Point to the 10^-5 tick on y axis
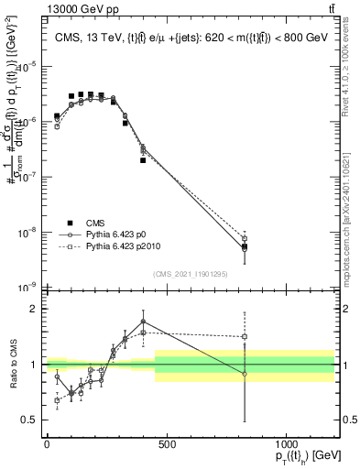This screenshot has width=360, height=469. [x=29, y=65]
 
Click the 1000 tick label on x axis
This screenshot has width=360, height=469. [x=287, y=444]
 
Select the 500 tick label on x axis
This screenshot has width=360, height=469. [x=167, y=444]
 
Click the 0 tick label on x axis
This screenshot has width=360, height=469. [x=47, y=444]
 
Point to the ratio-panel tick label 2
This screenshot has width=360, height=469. [x=34, y=309]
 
